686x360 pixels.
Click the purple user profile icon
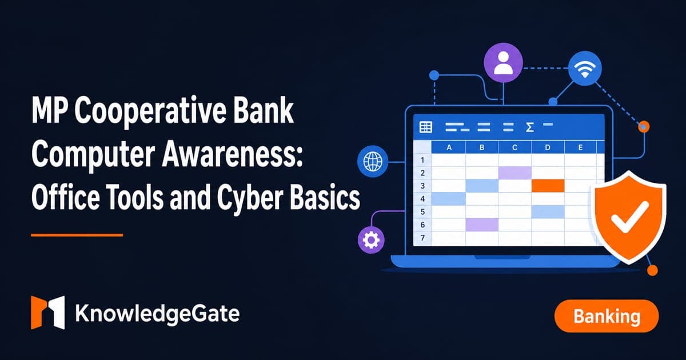503,63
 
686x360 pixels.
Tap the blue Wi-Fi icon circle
585,68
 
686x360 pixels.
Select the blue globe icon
373,161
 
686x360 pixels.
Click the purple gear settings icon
371,240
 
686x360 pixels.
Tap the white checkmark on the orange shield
629,217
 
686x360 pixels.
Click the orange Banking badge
607,316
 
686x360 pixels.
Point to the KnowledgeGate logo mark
48,313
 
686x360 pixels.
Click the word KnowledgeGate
157,314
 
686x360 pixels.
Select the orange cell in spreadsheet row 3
548,186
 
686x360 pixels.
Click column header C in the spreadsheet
515,147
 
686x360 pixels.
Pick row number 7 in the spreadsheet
422,238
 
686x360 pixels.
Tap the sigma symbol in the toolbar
529,127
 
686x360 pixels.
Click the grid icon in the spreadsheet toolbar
426,127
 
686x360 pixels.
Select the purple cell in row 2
515,173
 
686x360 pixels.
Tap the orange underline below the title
77,235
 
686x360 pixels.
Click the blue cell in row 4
448,199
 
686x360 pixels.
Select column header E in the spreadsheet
580,147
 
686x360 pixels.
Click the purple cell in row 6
482,225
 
